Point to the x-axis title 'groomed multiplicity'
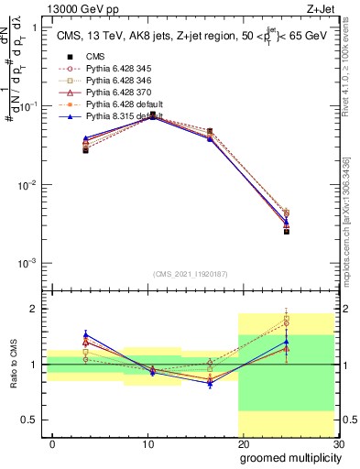pyautogui.click(x=288, y=457)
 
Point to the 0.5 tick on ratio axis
pyautogui.click(x=29, y=420)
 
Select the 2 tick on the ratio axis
pyautogui.click(x=34, y=309)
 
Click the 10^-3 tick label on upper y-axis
pyautogui.click(x=27, y=264)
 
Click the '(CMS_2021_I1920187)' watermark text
pyautogui.click(x=189, y=273)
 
